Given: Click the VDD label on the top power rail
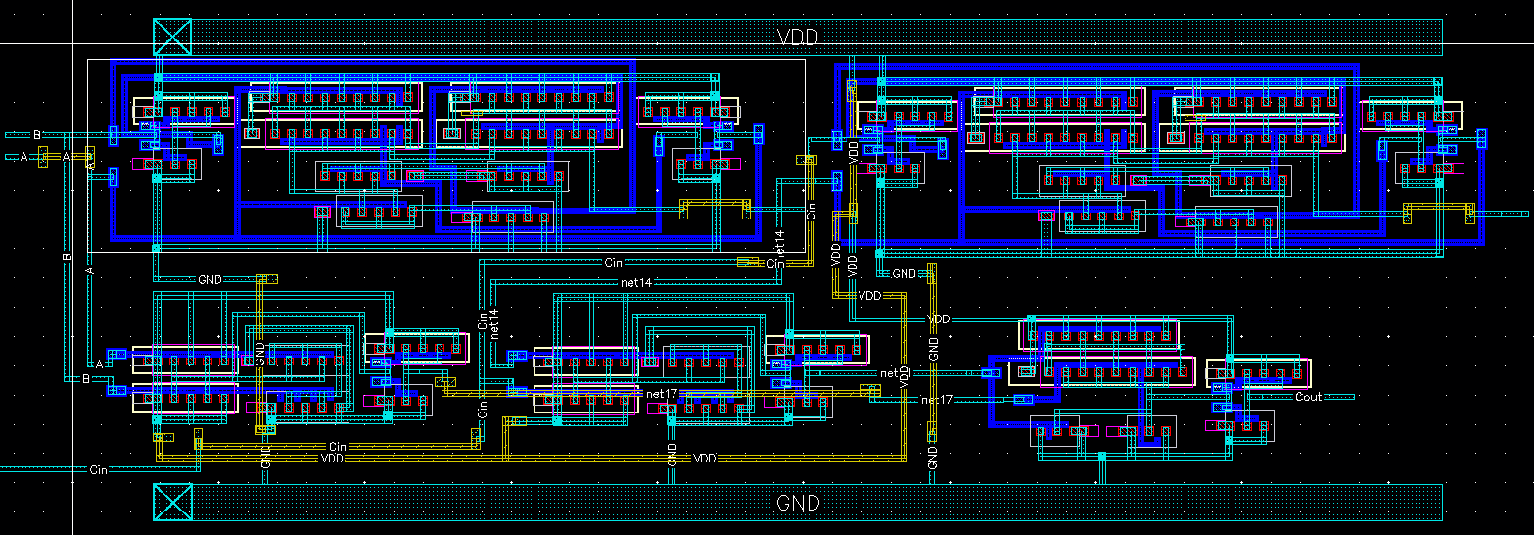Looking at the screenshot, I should [x=797, y=37].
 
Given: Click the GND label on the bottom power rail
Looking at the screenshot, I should [x=797, y=504].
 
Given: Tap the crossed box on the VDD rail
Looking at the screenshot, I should [x=172, y=36].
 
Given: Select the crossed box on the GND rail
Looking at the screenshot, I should [x=172, y=503].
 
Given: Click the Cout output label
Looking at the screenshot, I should [x=1308, y=397].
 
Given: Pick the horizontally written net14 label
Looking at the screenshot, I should [x=635, y=282].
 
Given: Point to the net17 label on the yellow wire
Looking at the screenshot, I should [x=662, y=394].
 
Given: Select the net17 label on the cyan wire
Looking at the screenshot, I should [x=937, y=400].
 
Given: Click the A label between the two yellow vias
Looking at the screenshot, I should [x=67, y=157].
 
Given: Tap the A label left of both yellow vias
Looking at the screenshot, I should [x=24, y=156].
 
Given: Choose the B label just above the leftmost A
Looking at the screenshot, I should [x=37, y=134].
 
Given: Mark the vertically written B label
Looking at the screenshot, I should [x=68, y=257].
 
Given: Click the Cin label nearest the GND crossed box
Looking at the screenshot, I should [x=98, y=470].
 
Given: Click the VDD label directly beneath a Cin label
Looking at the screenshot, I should [x=333, y=458].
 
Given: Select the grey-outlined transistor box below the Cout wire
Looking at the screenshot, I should [x=1237, y=424].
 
